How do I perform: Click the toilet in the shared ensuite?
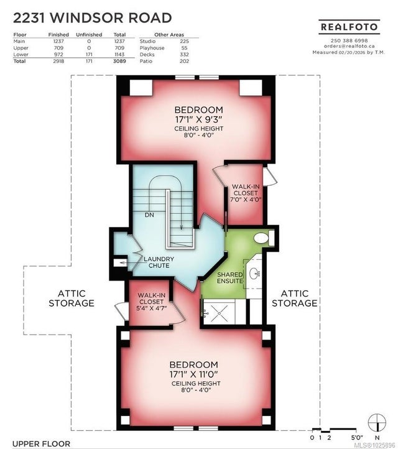point(264,238)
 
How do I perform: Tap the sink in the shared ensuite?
point(254,273)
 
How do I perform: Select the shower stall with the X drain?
point(219,312)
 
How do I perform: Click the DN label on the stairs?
point(149,215)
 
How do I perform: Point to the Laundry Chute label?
point(159,262)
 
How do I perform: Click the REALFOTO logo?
point(349,27)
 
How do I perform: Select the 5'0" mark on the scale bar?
point(356,438)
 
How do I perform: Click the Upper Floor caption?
point(41,444)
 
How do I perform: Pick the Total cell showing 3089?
point(119,61)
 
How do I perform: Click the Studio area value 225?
point(184,41)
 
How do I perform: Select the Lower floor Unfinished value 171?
point(89,54)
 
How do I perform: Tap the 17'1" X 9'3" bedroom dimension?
point(199,119)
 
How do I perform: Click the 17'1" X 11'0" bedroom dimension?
point(194,374)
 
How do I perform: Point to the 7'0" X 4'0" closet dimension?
point(246,199)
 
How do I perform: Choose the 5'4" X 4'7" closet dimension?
point(152,308)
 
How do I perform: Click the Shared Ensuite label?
point(229,278)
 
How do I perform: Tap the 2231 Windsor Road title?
point(93,18)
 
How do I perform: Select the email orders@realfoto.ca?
point(349,46)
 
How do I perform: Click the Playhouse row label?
point(152,48)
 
